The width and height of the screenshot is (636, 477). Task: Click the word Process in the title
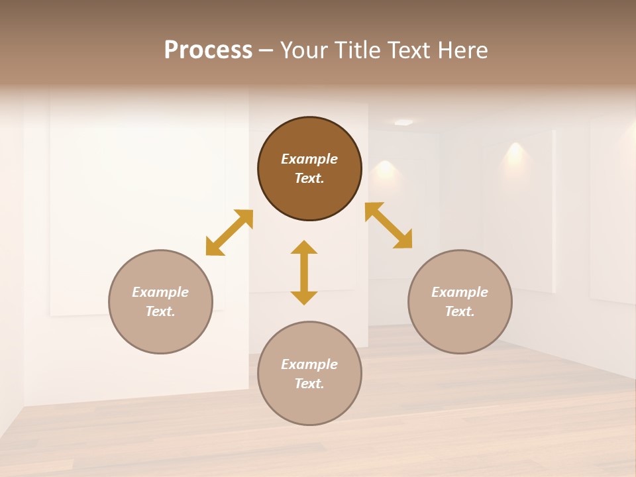click(x=208, y=50)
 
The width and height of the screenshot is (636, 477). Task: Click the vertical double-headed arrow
click(x=304, y=272)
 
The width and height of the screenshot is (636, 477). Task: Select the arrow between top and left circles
click(x=229, y=233)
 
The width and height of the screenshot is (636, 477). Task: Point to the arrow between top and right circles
click(x=388, y=225)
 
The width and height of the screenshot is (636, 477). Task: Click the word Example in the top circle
click(x=309, y=159)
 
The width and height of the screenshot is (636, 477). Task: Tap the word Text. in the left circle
click(x=160, y=311)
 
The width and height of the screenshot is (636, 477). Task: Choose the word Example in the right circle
click(x=460, y=292)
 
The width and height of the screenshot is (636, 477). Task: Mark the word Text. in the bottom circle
click(x=309, y=384)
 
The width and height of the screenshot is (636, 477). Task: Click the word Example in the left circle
click(x=160, y=292)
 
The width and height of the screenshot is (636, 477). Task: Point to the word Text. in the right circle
click(x=460, y=311)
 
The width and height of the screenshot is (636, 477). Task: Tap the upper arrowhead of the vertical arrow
click(x=304, y=248)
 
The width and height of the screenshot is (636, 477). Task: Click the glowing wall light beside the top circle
click(x=384, y=168)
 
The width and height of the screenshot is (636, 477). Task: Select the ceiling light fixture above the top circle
click(x=403, y=122)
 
